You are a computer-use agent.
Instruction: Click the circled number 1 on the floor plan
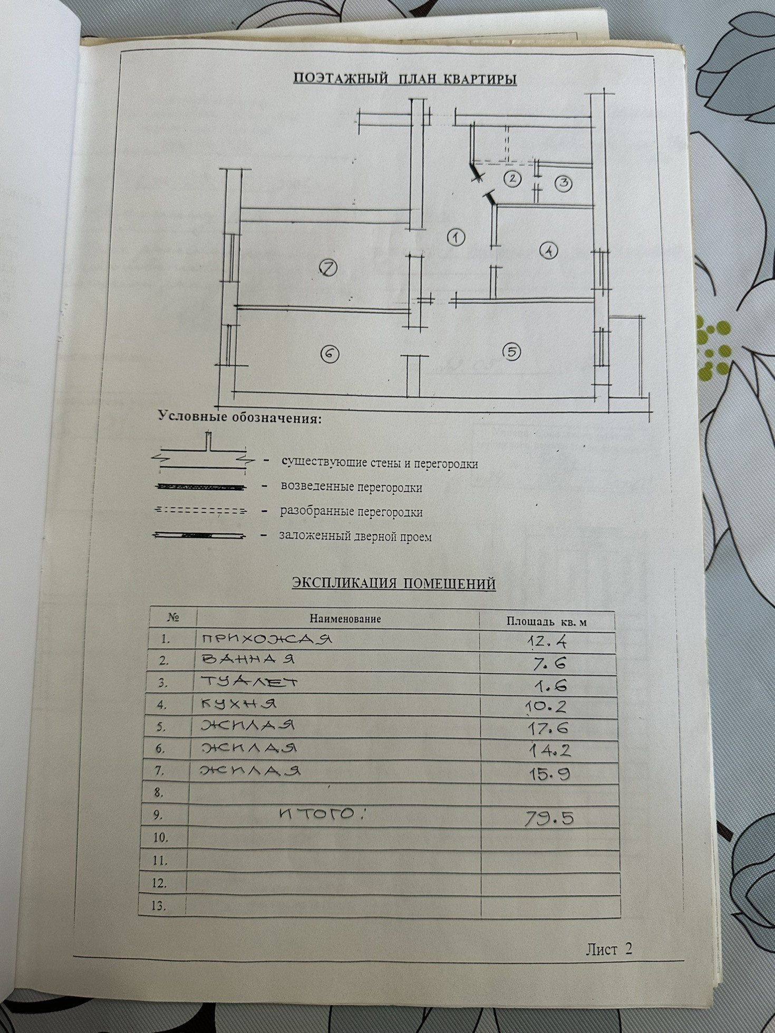point(456,237)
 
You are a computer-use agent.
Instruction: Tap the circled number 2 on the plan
point(512,179)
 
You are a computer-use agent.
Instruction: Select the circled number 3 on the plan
point(564,183)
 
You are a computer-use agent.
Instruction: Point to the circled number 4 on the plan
point(549,250)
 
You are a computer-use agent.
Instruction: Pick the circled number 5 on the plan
point(511,352)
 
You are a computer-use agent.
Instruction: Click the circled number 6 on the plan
point(330,354)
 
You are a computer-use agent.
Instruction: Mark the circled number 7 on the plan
point(328,268)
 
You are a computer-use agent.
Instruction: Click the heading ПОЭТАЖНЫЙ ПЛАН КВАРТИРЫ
point(404,79)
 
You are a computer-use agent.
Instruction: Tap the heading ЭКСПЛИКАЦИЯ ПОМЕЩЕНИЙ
point(393,583)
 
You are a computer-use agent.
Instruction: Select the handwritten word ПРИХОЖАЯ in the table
point(266,639)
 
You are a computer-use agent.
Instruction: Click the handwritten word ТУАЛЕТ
point(249,682)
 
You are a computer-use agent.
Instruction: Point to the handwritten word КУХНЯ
point(238,704)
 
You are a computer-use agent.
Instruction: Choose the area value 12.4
point(547,641)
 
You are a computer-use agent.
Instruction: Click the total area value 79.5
point(549,818)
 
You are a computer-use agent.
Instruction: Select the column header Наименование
point(345,619)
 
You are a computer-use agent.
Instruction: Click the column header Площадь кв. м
point(546,622)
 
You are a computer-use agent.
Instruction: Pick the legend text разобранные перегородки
point(351,512)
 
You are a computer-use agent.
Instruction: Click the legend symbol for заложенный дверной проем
point(199,535)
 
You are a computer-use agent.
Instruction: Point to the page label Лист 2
point(608,949)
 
